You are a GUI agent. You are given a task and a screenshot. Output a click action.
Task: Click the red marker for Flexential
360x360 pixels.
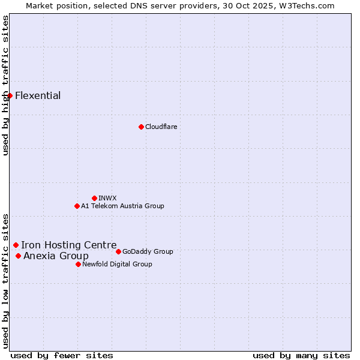click(x=10, y=95)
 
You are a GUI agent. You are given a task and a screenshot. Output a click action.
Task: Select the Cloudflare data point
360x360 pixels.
click(x=141, y=127)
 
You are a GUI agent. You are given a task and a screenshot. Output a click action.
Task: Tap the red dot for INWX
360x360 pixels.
click(x=94, y=198)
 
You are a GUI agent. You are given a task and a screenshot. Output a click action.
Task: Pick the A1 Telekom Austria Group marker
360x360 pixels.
click(x=77, y=206)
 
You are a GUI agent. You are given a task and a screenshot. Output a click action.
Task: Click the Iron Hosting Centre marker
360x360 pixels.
click(x=16, y=245)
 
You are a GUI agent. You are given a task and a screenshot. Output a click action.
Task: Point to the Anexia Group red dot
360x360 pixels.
click(x=18, y=256)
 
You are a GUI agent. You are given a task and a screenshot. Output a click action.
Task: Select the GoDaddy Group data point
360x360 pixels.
click(x=118, y=251)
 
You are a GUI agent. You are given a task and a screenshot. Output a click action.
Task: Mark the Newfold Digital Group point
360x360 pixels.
click(x=78, y=264)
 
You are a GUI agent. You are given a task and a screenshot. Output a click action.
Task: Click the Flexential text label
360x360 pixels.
click(x=38, y=95)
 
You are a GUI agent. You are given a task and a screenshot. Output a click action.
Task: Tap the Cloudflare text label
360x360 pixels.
click(x=161, y=127)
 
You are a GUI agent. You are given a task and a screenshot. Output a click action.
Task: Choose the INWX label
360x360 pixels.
click(x=107, y=198)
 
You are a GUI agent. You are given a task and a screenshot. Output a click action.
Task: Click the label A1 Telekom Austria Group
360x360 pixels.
click(x=122, y=206)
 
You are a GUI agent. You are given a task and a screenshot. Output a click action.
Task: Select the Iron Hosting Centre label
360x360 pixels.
click(x=69, y=245)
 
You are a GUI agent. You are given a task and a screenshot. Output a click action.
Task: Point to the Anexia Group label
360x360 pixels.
click(x=56, y=256)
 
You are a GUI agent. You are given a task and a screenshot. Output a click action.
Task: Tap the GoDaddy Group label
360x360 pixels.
click(x=148, y=251)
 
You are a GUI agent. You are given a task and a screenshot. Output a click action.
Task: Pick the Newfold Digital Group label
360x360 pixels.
click(x=117, y=264)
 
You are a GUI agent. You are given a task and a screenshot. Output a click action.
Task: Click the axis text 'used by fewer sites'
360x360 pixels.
click(x=62, y=355)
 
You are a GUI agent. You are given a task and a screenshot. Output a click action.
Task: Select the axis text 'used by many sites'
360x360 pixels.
click(x=301, y=355)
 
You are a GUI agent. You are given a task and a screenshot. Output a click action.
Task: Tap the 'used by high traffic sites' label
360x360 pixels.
click(x=5, y=85)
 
